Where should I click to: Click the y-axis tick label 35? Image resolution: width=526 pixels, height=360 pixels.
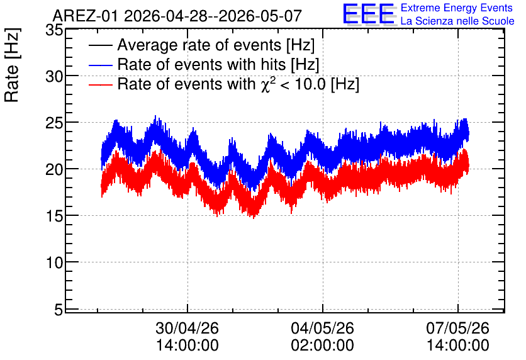tap(54, 30)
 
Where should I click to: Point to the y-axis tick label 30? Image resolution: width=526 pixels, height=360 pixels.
tap(54, 77)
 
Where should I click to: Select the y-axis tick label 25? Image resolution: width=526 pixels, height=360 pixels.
tap(54, 123)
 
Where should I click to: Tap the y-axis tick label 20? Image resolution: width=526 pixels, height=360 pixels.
tap(54, 170)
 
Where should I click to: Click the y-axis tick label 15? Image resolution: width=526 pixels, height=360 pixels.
tap(54, 217)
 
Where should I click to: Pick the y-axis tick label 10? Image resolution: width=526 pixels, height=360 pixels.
tap(54, 262)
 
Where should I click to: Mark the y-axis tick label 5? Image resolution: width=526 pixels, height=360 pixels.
tap(59, 310)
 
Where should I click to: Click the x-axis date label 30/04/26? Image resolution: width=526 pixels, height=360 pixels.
tap(187, 328)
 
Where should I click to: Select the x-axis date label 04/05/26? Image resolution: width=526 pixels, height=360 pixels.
tap(322, 328)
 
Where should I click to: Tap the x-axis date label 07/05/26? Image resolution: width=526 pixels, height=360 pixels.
tap(457, 328)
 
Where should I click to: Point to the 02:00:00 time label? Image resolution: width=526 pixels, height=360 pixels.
tap(322, 346)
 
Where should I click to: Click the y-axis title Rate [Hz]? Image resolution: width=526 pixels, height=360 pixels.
tap(12, 65)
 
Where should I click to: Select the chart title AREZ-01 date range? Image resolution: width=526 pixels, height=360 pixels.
tap(177, 16)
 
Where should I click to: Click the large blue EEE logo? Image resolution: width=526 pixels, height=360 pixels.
tap(369, 14)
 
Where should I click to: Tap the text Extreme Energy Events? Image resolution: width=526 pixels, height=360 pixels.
tap(457, 8)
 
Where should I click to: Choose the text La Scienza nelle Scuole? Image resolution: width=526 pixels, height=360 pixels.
tap(457, 21)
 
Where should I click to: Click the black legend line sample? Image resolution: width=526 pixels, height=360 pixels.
tap(100, 45)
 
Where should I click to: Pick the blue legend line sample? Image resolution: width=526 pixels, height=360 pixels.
tap(100, 65)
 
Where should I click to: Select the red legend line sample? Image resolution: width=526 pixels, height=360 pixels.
tap(100, 84)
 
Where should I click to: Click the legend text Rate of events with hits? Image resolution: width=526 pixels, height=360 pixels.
tap(201, 64)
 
